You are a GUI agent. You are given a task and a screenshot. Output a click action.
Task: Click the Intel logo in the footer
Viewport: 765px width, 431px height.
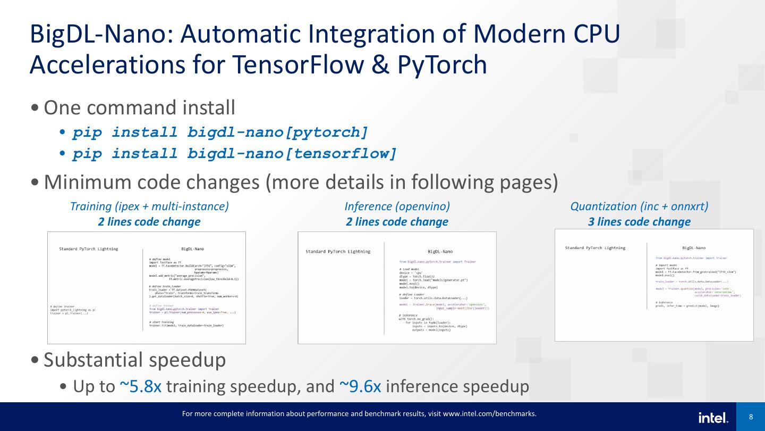713,418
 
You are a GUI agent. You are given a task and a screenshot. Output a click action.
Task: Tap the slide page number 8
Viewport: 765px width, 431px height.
751,417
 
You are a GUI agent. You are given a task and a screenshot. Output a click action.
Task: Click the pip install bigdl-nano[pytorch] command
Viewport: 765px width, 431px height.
220,132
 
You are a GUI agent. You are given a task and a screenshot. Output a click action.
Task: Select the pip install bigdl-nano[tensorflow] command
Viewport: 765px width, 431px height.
235,154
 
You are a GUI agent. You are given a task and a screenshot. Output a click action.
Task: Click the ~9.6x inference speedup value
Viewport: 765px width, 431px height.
360,387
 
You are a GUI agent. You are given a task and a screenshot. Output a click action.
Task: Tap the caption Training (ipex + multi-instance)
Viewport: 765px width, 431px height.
149,206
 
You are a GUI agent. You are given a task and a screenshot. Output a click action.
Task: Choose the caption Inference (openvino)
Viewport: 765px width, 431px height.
397,206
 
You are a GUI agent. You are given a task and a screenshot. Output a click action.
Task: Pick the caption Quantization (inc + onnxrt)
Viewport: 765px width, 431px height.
639,206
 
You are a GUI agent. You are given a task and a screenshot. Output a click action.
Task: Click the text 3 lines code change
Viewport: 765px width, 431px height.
639,222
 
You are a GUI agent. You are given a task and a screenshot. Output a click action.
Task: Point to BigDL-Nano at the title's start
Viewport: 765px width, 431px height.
100,34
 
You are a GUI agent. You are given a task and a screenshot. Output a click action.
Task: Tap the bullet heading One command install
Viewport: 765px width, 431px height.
139,108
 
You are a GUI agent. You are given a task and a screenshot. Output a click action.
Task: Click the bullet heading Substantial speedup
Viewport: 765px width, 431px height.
134,360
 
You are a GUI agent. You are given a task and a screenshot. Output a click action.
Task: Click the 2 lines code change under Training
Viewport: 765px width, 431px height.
149,222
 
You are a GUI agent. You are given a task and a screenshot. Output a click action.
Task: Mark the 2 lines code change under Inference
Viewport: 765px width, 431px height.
397,222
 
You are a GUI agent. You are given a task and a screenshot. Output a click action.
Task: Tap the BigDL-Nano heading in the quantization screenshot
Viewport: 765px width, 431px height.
693,248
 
